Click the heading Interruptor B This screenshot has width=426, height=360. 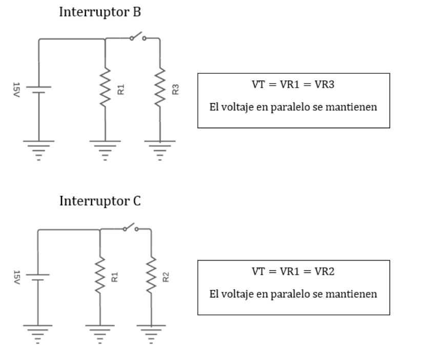100,13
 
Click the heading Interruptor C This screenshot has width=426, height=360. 100,201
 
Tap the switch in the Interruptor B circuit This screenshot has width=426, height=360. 137,37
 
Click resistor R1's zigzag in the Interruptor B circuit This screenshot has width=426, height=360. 105,87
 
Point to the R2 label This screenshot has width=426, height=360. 166,277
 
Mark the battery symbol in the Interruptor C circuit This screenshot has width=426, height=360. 38,277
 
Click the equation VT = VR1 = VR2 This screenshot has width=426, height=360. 293,272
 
